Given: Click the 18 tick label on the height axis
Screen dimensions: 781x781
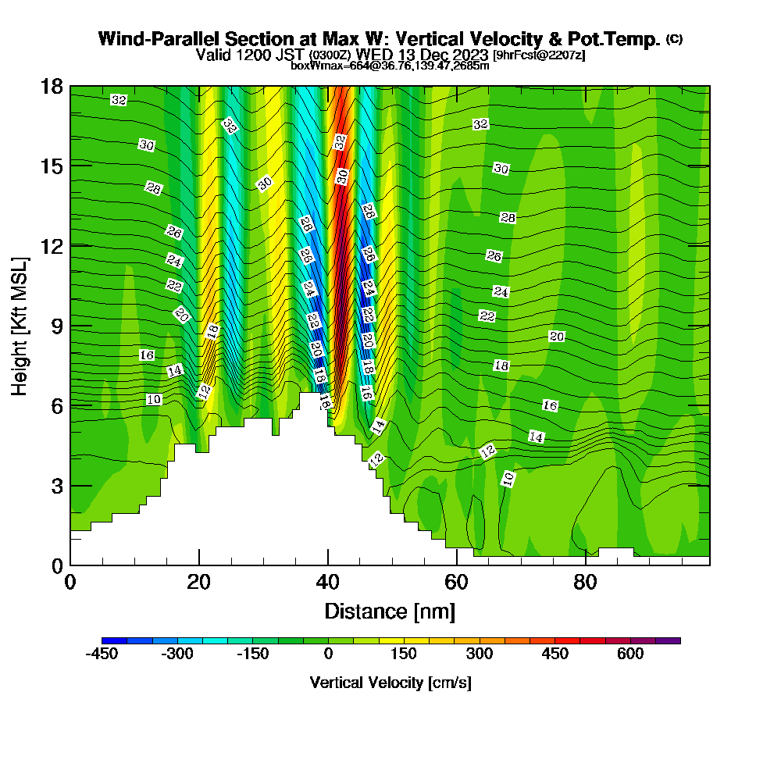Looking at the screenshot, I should click(x=52, y=86).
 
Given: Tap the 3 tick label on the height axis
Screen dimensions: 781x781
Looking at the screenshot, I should click(x=56, y=486).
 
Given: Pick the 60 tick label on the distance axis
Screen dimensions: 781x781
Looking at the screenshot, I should click(x=456, y=583).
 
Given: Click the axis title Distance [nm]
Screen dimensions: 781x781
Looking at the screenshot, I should click(x=390, y=610).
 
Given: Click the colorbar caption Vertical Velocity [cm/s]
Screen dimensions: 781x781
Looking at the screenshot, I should click(x=390, y=683).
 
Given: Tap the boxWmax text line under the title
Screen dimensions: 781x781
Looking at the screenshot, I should click(x=390, y=66).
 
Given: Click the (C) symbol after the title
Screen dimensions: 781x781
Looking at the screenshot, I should click(x=674, y=38).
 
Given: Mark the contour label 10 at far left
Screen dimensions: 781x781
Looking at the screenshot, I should click(x=154, y=400).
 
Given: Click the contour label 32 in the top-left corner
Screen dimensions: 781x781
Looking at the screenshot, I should click(x=119, y=100).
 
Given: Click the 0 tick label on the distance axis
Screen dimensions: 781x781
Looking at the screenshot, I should click(x=70, y=583).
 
